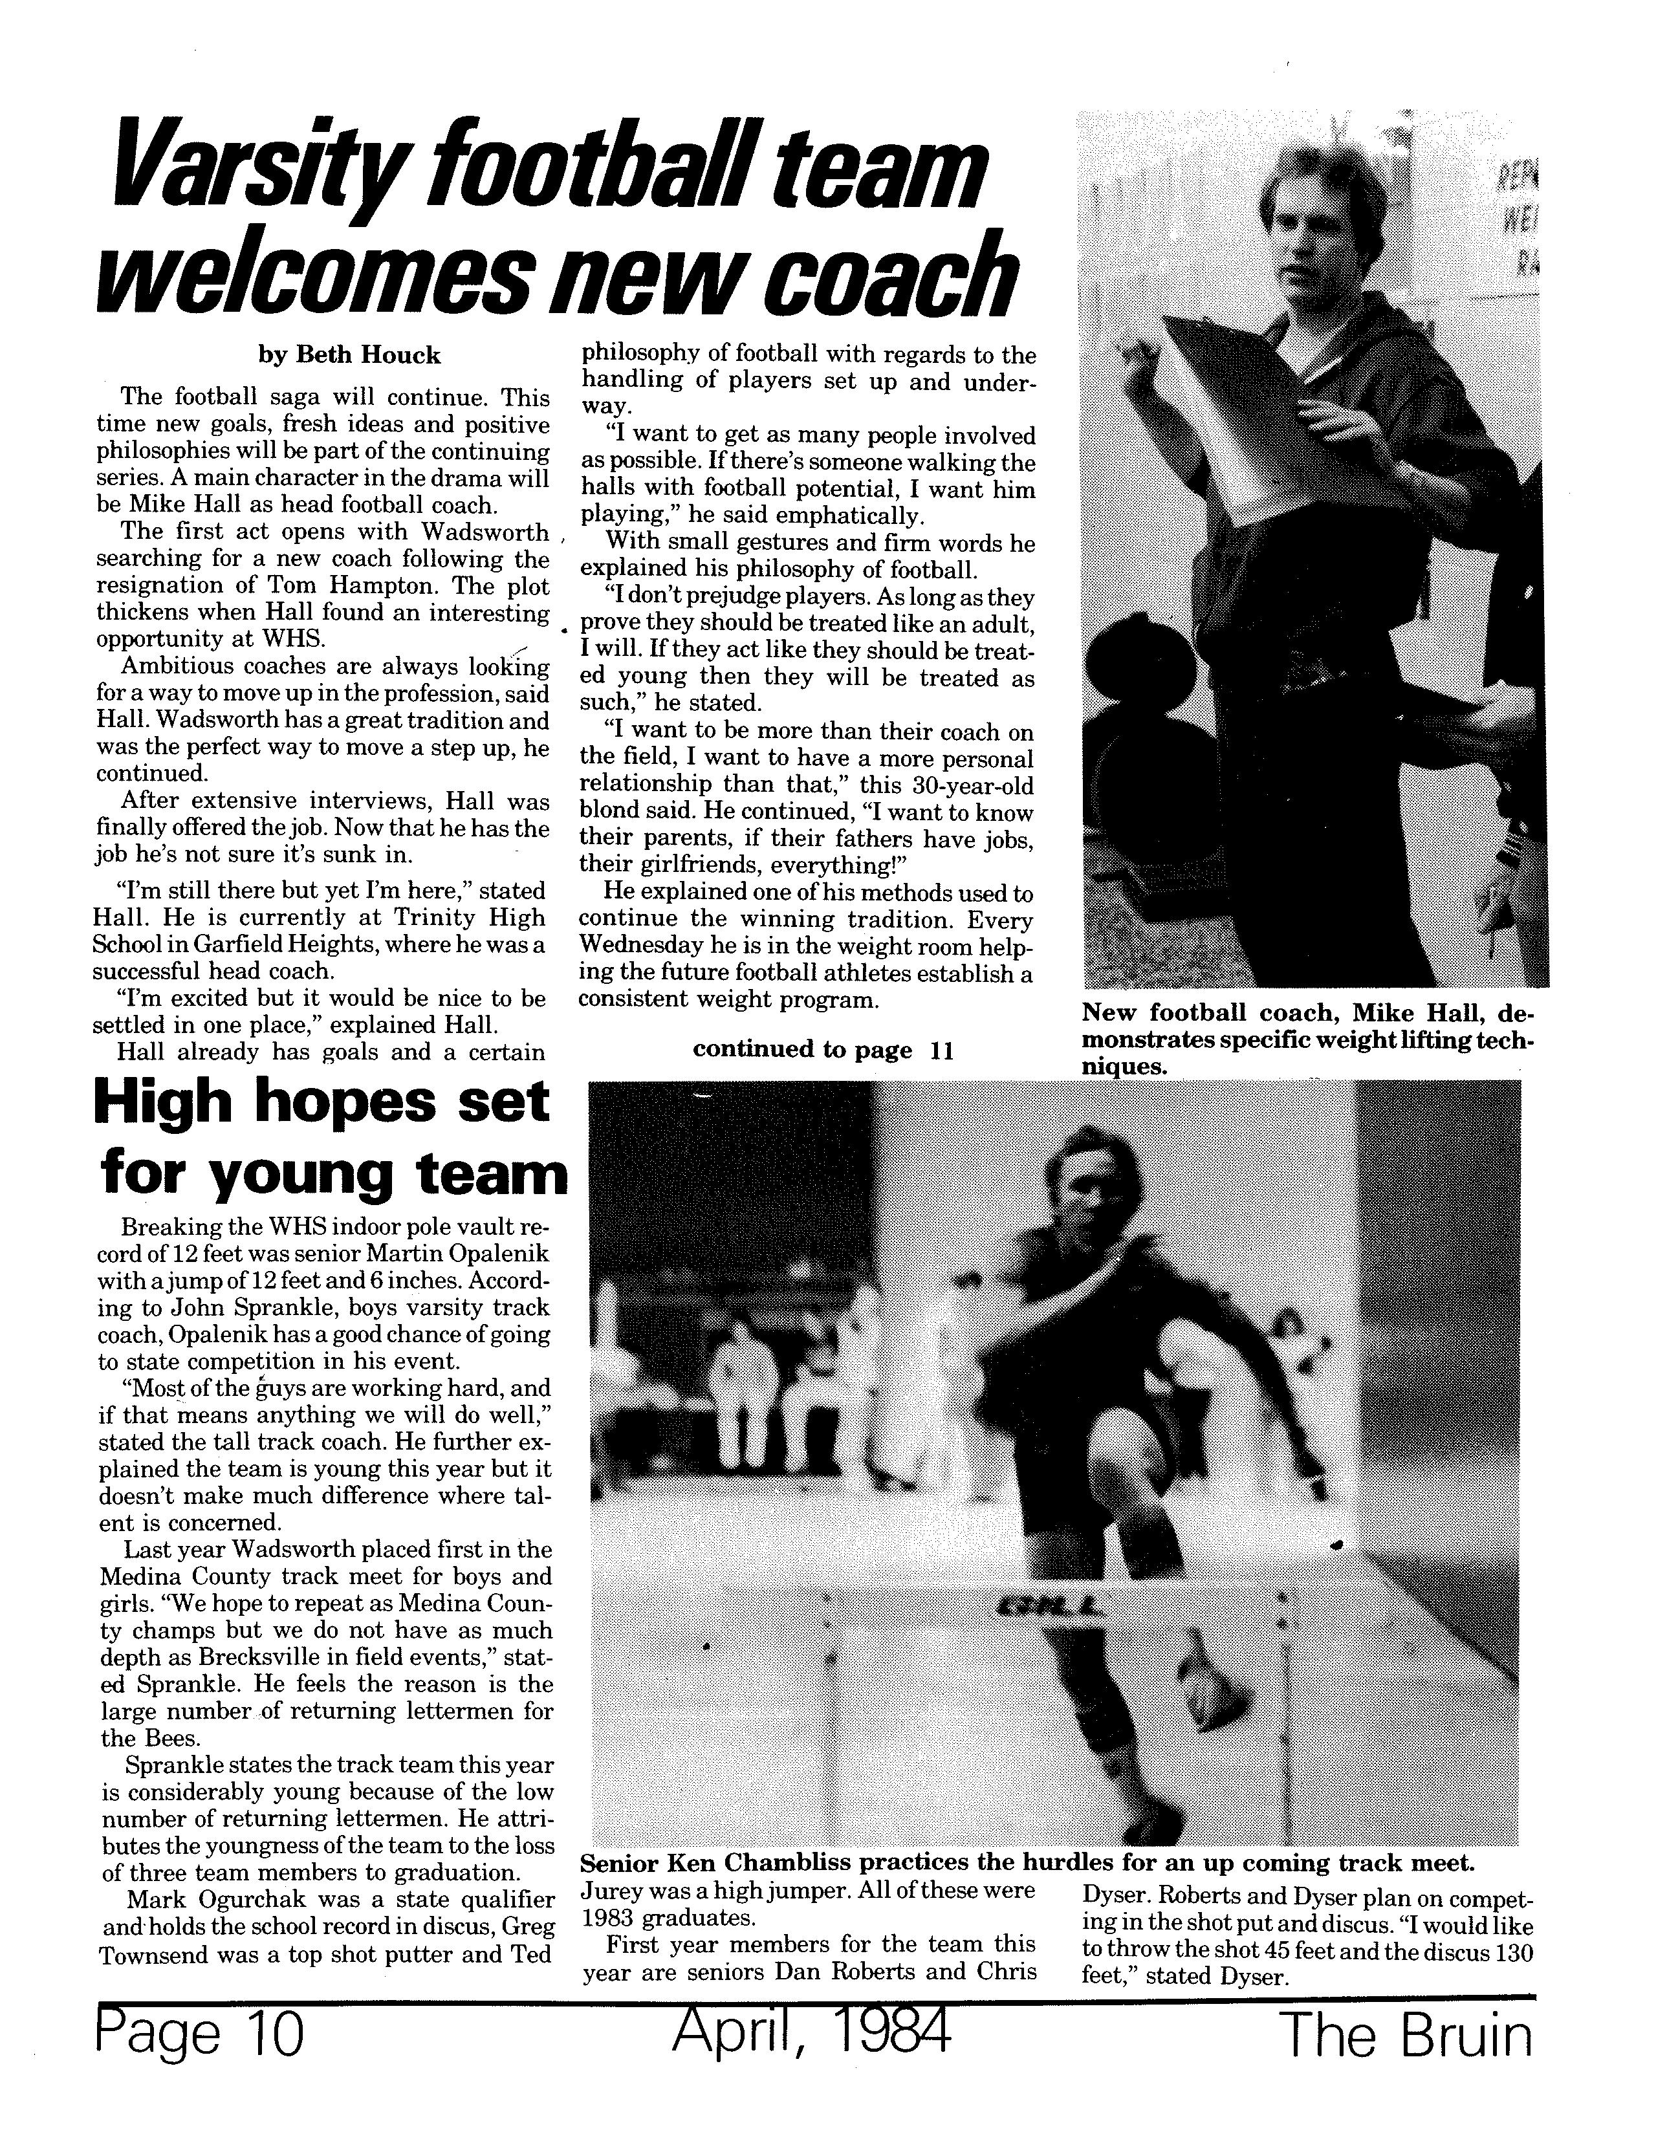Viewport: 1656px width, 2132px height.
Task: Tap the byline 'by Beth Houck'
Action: coord(349,355)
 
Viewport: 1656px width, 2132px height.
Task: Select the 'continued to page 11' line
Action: coord(822,1049)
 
